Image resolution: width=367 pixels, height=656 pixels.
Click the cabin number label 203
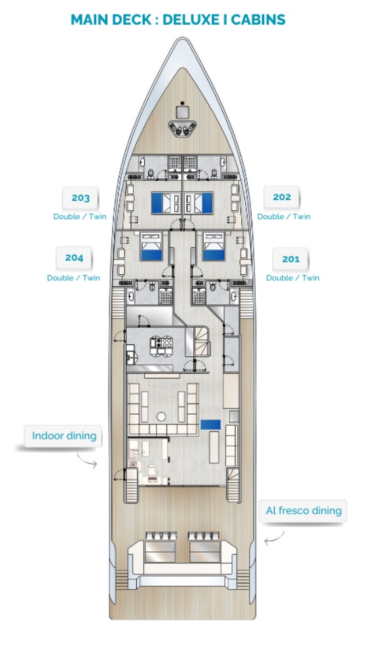pyautogui.click(x=80, y=198)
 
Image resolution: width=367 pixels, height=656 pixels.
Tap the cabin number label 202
pyautogui.click(x=282, y=197)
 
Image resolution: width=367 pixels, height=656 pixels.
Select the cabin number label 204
pyautogui.click(x=74, y=258)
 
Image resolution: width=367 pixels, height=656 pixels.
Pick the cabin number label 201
pyautogui.click(x=290, y=259)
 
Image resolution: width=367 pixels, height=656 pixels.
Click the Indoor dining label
pyautogui.click(x=64, y=436)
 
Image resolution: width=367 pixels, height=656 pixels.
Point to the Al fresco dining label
pyautogui.click(x=303, y=511)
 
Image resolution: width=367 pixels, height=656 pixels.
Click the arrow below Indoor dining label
pyautogui.click(x=87, y=461)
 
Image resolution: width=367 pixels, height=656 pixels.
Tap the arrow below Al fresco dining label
pyautogui.click(x=274, y=539)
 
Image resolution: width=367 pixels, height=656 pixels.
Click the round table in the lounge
pyautogui.click(x=161, y=417)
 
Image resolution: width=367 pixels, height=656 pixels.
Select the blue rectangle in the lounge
pyautogui.click(x=210, y=424)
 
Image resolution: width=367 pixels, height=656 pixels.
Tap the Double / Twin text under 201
pyautogui.click(x=292, y=277)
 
